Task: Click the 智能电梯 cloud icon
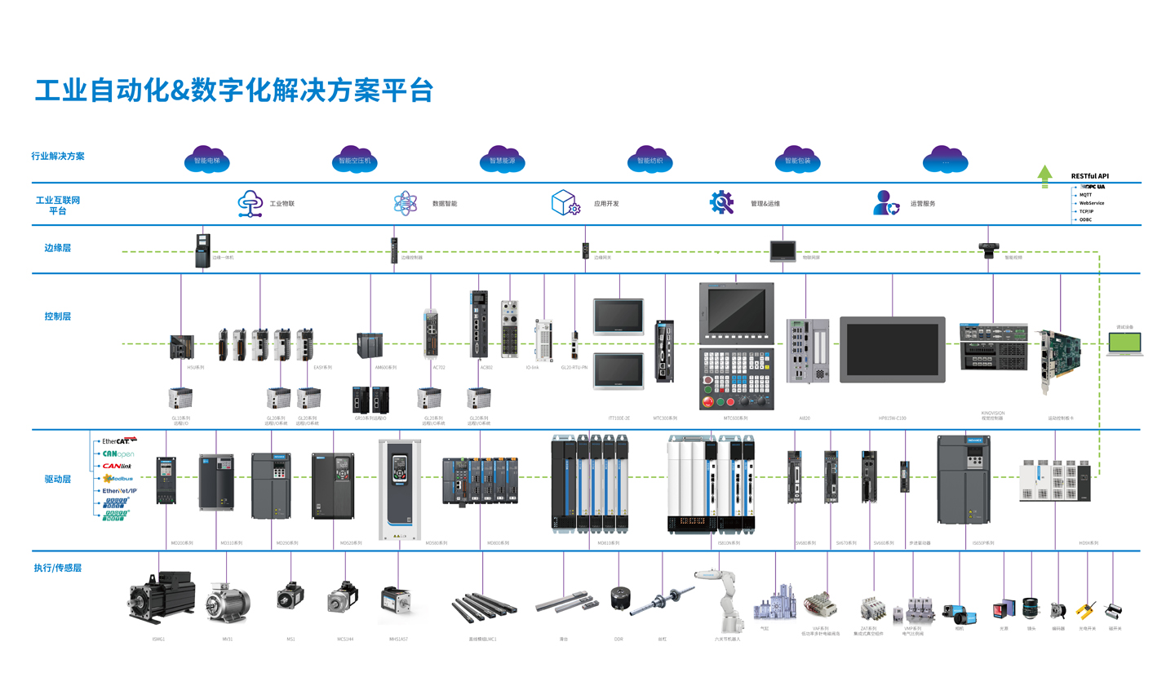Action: click(206, 160)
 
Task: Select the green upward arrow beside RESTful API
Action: click(1043, 176)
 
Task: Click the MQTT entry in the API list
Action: click(1085, 195)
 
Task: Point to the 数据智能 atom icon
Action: click(406, 202)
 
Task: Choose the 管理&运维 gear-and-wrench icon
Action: click(721, 202)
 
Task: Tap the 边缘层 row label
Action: click(57, 247)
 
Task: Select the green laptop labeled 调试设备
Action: click(1125, 343)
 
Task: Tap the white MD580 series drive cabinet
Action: click(399, 489)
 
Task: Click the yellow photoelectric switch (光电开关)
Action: click(1085, 611)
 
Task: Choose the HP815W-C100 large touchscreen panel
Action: click(892, 349)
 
